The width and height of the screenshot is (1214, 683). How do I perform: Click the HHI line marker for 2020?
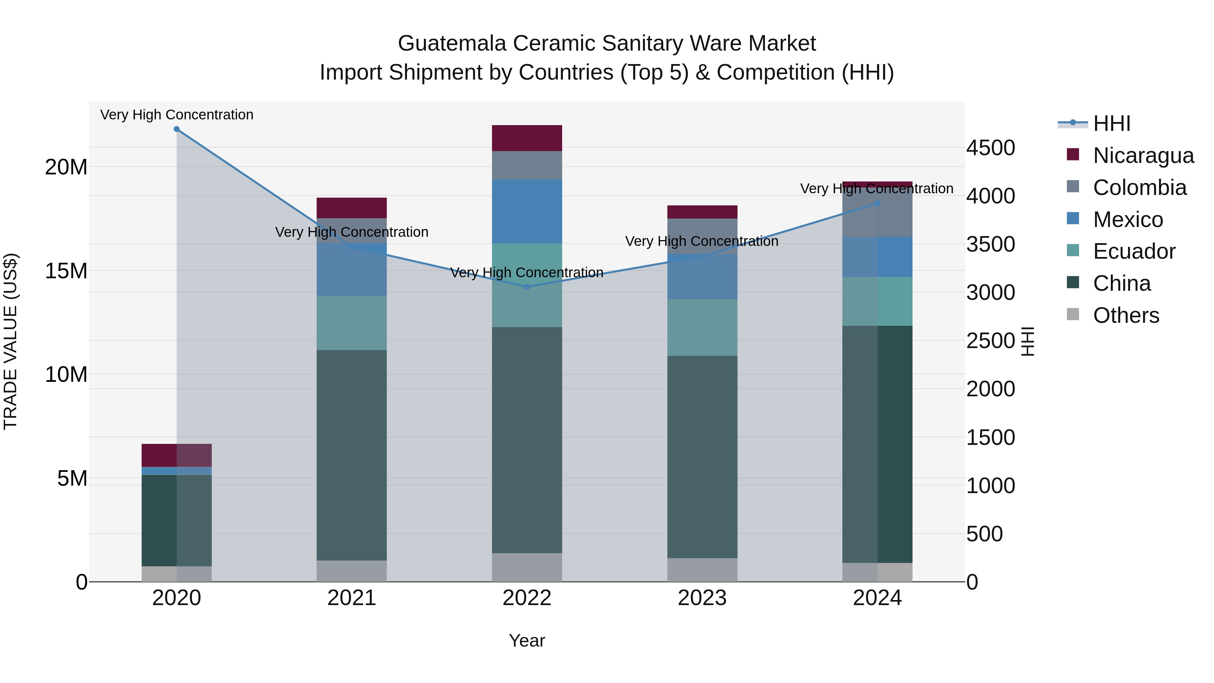coord(177,129)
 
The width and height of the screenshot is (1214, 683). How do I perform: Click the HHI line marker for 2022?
coord(527,287)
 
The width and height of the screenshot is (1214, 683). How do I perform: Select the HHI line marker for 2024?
coord(877,204)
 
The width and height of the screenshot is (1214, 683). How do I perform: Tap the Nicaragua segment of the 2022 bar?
coord(527,138)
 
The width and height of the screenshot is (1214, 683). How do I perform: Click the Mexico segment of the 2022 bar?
coord(527,211)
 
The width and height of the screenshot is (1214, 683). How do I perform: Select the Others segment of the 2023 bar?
coord(702,570)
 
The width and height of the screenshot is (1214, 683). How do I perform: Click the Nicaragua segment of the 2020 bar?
coord(177,455)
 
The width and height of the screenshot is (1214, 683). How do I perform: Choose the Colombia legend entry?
coord(1139,188)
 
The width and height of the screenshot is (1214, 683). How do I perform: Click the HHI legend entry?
coord(1111,123)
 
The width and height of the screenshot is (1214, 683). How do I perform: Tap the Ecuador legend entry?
coord(1134,251)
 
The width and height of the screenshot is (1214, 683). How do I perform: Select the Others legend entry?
coord(1126,315)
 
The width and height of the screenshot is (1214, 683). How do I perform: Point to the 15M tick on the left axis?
coord(66,271)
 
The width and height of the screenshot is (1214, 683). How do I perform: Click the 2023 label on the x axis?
coord(702,598)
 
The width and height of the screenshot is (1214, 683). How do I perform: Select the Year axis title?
coord(527,641)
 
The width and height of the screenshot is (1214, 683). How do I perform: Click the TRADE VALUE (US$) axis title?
coord(10,341)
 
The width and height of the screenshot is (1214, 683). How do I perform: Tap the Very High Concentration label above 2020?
coord(177,115)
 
